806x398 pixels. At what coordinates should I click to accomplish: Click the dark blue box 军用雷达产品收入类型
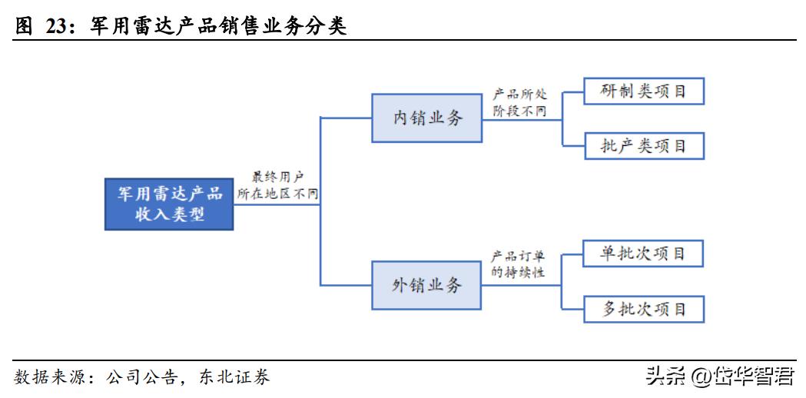(x=168, y=204)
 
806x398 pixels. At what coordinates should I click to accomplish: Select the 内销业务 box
(x=427, y=118)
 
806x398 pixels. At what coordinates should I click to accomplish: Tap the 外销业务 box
(x=427, y=285)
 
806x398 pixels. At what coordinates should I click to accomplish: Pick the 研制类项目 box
(x=644, y=91)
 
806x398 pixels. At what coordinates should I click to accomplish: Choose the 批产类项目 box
(x=644, y=145)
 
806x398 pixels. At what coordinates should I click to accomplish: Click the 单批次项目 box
(x=644, y=254)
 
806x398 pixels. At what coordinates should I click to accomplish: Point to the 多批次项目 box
(x=644, y=309)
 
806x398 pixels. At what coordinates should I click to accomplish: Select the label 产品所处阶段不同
(x=520, y=102)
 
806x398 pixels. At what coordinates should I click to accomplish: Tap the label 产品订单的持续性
(x=520, y=264)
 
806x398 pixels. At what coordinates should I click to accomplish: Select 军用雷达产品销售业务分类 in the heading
(x=218, y=28)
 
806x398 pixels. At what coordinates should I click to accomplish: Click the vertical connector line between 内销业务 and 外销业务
(x=320, y=201)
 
